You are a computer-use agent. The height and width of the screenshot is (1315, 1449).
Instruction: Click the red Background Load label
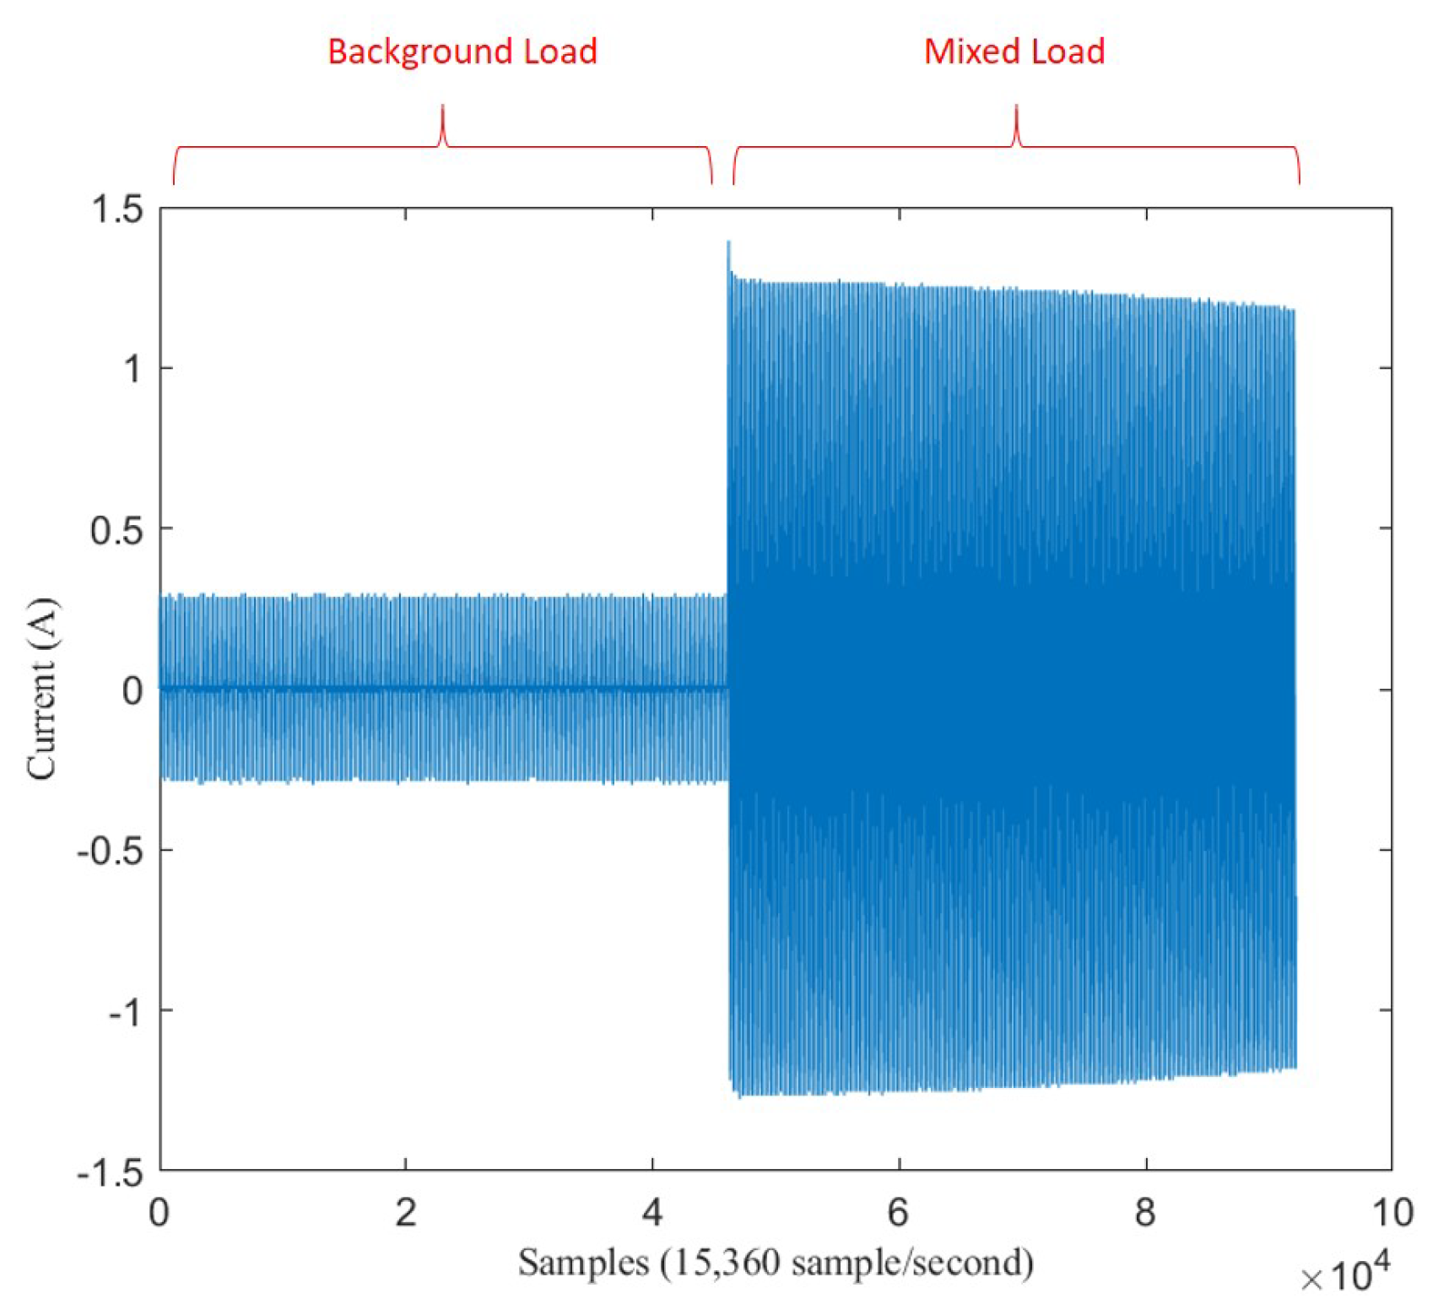(x=462, y=51)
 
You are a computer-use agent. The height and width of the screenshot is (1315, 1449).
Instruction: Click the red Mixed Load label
(x=1014, y=51)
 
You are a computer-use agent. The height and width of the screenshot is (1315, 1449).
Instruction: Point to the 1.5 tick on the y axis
(x=117, y=209)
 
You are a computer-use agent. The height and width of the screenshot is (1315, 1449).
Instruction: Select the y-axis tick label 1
(x=132, y=369)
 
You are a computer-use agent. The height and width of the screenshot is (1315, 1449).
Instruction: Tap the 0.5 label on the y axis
(x=117, y=529)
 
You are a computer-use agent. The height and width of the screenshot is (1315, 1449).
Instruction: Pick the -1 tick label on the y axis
(x=126, y=1010)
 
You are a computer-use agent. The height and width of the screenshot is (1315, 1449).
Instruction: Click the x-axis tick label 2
(x=406, y=1213)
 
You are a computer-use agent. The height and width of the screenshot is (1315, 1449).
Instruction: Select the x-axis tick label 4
(x=652, y=1213)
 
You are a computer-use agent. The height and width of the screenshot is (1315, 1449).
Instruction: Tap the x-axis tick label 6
(x=899, y=1213)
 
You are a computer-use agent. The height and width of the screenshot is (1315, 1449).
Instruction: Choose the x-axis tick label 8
(x=1145, y=1213)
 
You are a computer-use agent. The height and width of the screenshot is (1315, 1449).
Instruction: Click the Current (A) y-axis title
(x=41, y=689)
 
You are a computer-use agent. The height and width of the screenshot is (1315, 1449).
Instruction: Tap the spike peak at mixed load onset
(x=728, y=243)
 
